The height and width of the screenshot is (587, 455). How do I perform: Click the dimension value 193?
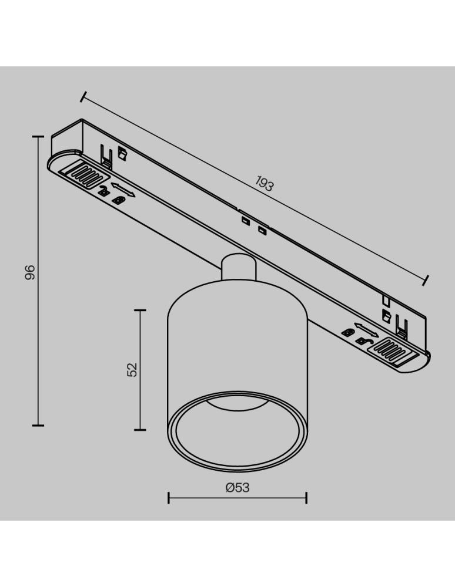(x=265, y=184)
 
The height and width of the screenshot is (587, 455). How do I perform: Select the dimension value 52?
(x=132, y=369)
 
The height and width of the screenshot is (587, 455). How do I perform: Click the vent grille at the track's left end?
(x=86, y=174)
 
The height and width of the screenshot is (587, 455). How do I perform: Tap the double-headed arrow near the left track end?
(x=123, y=190)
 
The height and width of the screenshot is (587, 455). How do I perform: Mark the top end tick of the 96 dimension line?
(x=39, y=137)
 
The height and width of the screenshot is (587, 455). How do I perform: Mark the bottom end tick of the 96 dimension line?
(x=39, y=424)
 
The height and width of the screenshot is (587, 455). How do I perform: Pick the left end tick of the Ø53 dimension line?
(x=169, y=498)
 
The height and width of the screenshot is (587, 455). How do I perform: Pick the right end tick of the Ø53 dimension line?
(x=306, y=498)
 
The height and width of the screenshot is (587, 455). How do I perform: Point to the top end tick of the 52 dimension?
(x=140, y=310)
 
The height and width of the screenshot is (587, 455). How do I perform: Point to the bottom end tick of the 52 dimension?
(x=140, y=430)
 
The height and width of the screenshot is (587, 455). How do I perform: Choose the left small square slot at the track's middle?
(x=243, y=221)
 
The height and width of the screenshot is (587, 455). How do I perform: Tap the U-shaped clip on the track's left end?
(x=106, y=156)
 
